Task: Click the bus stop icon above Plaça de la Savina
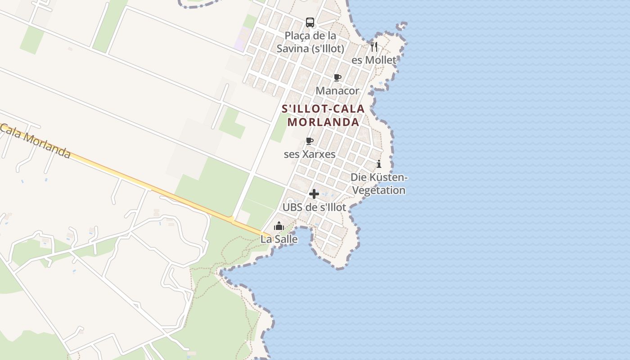pos(310,22)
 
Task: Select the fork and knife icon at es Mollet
pos(374,46)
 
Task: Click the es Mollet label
pos(374,60)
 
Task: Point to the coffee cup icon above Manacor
pos(337,77)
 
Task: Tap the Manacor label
pos(337,91)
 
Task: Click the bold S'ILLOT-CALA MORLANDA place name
pos(323,116)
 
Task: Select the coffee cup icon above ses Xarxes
pos(310,141)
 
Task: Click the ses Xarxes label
pos(310,154)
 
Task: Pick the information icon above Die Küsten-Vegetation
pos(379,164)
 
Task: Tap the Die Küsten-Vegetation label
pos(379,184)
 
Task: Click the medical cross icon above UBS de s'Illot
pos(314,194)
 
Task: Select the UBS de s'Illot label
pos(314,207)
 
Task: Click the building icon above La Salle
pos(279,226)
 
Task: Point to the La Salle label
pos(279,239)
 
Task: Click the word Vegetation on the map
pos(379,190)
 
